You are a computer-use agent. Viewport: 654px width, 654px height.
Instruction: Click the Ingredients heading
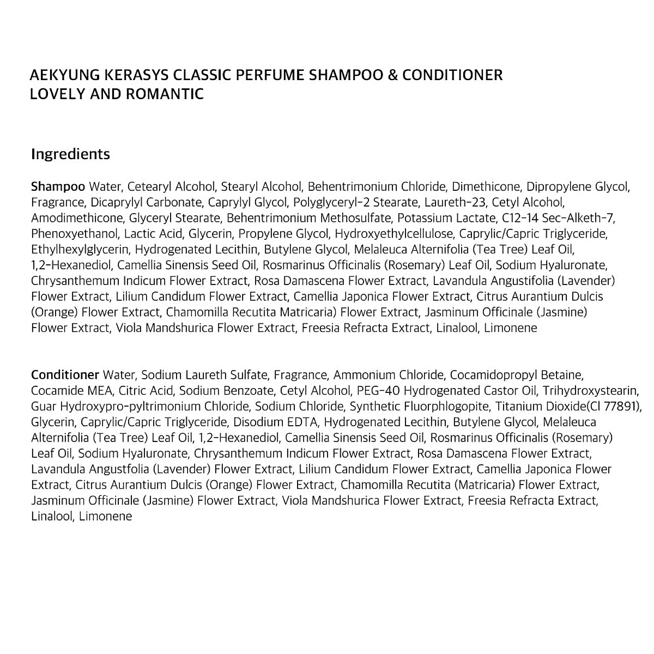pos(70,154)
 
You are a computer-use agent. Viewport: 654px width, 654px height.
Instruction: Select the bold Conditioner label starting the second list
pos(65,375)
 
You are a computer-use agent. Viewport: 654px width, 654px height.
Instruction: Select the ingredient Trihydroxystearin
pos(594,391)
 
